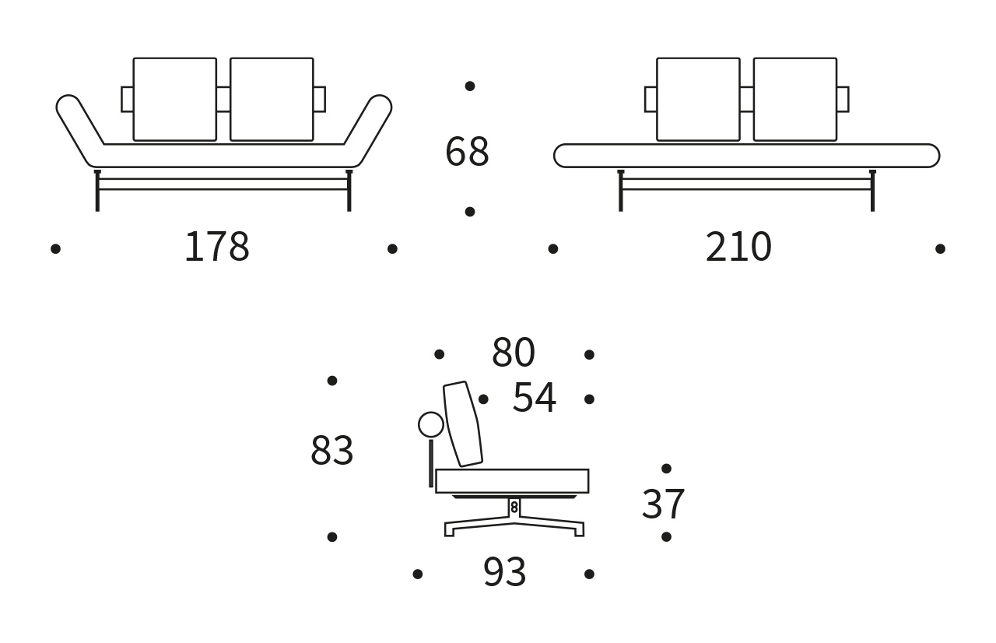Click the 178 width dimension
pos(216,248)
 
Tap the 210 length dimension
pos(738,248)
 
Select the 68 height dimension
pos(467,152)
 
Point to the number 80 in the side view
pos(514,353)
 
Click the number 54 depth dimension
pos(534,399)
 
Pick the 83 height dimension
pos(332,452)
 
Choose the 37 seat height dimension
pos(663,505)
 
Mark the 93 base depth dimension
pos(504,573)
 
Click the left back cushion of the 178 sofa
pos(174,100)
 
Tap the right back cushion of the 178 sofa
pos(272,100)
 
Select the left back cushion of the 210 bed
pos(698,100)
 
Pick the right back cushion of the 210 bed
pos(794,100)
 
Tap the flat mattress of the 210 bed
pos(746,156)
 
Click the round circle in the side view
pos(431,425)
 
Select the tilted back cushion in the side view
pos(462,424)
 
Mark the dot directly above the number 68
pos(470,86)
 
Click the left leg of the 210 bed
pos(620,191)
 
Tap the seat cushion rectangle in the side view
pos(512,481)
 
